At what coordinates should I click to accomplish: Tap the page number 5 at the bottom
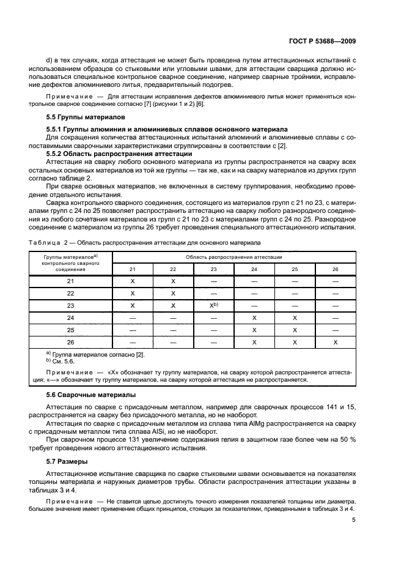(354, 521)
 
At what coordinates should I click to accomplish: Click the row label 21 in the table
(70, 281)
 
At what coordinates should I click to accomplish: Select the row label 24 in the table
(70, 318)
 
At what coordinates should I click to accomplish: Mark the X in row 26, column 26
(335, 342)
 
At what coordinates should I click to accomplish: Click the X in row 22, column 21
(133, 294)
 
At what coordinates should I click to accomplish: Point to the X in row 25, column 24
(254, 330)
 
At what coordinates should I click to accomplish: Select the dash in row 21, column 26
(335, 281)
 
